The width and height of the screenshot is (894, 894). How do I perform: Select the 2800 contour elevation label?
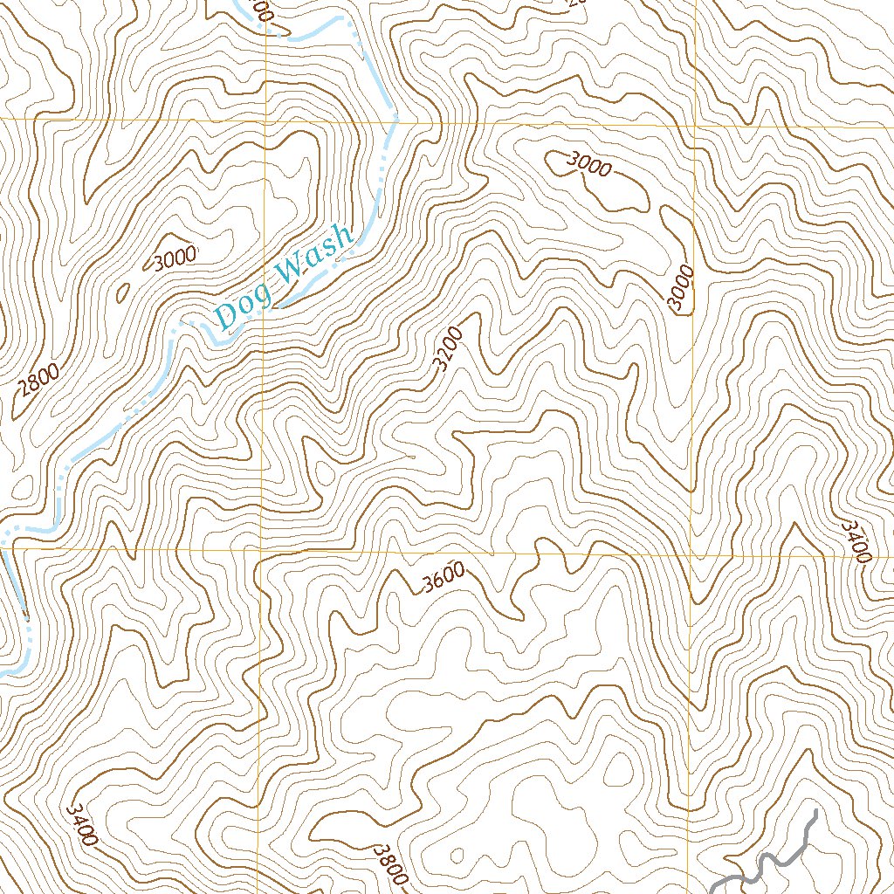38,389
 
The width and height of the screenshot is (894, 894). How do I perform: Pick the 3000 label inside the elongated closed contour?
588,164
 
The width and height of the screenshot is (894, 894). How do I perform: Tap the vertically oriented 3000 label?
681,289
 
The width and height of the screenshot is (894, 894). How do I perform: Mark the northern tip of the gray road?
815,812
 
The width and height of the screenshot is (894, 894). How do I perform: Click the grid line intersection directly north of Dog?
265,118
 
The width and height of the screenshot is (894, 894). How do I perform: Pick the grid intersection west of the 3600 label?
261,552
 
